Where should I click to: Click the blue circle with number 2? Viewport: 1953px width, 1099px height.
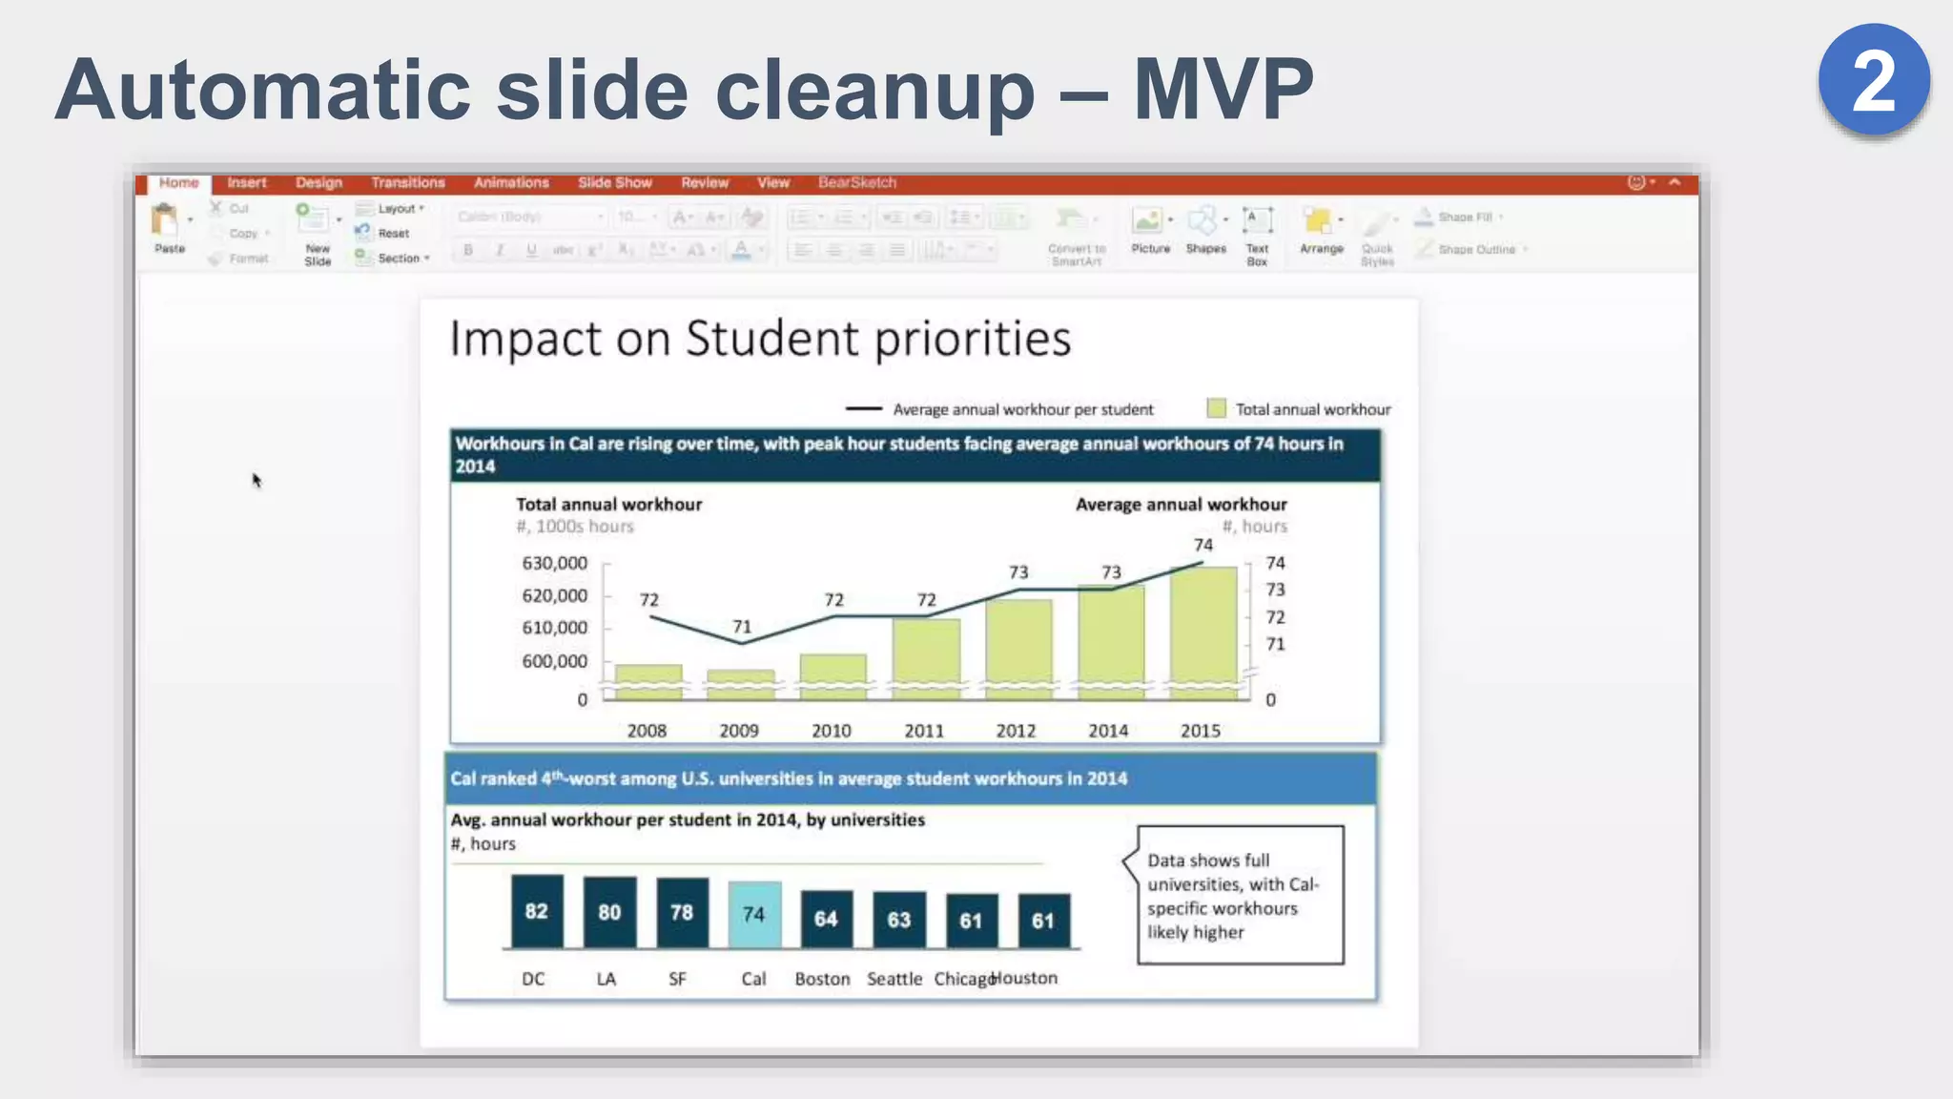coord(1874,80)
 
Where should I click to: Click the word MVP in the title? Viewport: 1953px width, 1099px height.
coord(1223,90)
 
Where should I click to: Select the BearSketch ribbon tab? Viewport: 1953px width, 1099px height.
coord(856,182)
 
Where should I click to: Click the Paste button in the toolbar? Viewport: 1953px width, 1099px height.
coord(168,228)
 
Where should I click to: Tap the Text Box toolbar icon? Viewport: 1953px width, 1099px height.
coord(1257,234)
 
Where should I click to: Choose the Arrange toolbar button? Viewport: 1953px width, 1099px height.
coord(1321,232)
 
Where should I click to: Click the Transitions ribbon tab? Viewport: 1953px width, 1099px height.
coord(408,182)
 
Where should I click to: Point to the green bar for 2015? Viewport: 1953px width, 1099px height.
coord(1203,630)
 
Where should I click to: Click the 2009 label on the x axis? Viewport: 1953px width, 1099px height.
coord(739,731)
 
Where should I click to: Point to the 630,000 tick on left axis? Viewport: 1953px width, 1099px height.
coord(554,564)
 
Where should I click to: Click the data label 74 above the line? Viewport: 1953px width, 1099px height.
coord(1203,545)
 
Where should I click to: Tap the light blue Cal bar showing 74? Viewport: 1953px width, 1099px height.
coord(753,914)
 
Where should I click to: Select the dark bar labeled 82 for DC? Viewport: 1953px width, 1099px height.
coord(536,911)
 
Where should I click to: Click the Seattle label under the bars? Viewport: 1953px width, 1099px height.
coord(894,979)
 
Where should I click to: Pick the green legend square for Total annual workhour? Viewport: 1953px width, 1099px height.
coord(1216,408)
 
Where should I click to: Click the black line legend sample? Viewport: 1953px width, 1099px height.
coord(863,409)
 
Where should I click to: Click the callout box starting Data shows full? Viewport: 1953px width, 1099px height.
coord(1240,895)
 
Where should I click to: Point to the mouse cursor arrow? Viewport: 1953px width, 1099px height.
coord(256,479)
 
